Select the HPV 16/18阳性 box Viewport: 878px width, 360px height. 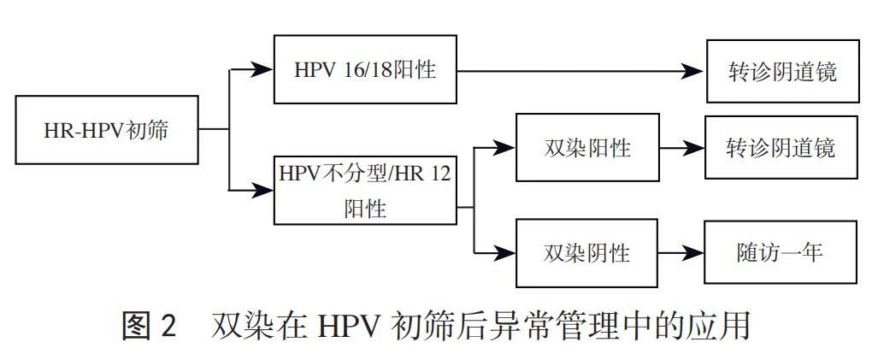pos(365,69)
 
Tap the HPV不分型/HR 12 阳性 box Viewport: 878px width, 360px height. pos(365,190)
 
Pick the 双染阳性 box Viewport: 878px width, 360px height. pos(586,147)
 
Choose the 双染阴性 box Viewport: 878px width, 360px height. pos(586,253)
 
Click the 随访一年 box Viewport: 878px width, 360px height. pos(780,253)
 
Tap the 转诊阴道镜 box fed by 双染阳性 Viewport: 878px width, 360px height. pos(780,147)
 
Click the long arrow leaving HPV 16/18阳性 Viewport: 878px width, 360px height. pos(581,71)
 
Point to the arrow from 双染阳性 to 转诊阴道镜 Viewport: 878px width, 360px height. pos(681,148)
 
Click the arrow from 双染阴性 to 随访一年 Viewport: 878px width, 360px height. pos(681,253)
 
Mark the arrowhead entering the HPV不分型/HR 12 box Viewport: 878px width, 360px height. pos(263,190)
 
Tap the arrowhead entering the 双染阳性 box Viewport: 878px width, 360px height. pos(507,148)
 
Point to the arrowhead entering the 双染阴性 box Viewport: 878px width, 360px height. pos(507,253)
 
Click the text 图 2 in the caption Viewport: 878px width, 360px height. pos(149,328)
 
